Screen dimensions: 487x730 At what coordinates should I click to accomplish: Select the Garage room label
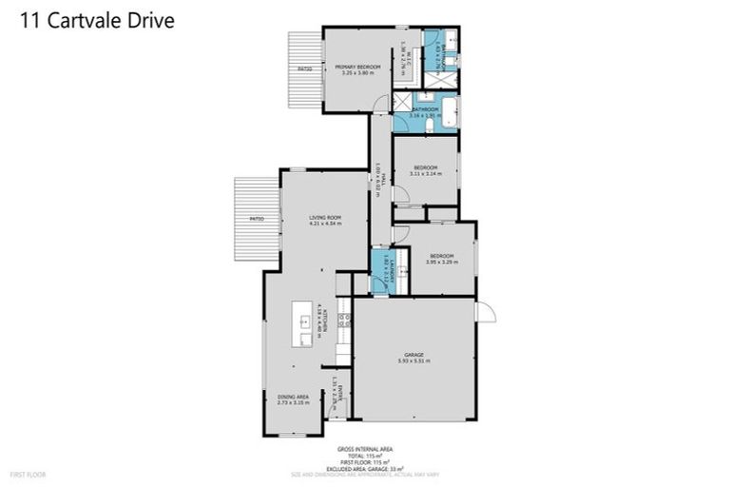coord(413,356)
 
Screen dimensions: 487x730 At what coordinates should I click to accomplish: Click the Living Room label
coord(324,221)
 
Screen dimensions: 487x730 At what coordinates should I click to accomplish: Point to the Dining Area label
coord(293,399)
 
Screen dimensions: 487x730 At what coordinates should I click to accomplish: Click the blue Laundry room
coord(382,270)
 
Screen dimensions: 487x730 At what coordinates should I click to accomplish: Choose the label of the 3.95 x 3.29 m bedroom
coord(441,257)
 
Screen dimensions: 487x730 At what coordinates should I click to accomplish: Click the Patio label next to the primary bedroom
coord(304,69)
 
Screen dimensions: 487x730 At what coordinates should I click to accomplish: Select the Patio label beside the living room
coord(257,220)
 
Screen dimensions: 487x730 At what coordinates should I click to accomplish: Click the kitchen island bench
coord(302,325)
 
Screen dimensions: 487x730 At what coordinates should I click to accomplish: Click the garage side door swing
coord(485,311)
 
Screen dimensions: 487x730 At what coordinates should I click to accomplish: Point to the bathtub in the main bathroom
coord(448,112)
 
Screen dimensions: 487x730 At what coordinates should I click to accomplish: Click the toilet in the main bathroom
coord(431,124)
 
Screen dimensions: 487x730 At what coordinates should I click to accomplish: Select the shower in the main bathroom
coord(403,103)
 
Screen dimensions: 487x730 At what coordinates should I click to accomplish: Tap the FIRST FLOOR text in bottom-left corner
coord(28,473)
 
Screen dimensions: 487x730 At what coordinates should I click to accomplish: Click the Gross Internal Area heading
coord(365,448)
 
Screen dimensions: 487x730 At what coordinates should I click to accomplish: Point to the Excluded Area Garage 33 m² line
coord(365,467)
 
